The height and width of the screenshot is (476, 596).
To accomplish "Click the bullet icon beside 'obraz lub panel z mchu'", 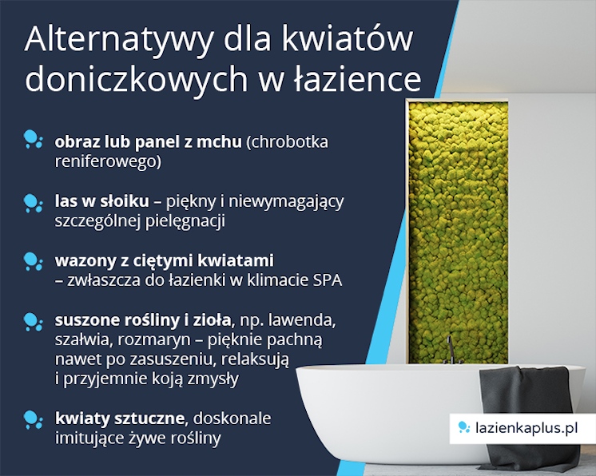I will click(x=33, y=141).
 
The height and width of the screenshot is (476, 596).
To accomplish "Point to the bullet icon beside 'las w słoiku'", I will click(x=33, y=202).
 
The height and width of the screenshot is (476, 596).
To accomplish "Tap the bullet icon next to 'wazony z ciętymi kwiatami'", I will click(x=33, y=261).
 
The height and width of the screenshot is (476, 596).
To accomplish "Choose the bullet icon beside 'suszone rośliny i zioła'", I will click(x=33, y=322).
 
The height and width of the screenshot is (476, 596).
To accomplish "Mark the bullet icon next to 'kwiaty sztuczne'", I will click(x=33, y=419).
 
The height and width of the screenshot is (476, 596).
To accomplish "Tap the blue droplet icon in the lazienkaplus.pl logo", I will click(x=463, y=429).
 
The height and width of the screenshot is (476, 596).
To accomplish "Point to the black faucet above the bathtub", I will click(x=451, y=349).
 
